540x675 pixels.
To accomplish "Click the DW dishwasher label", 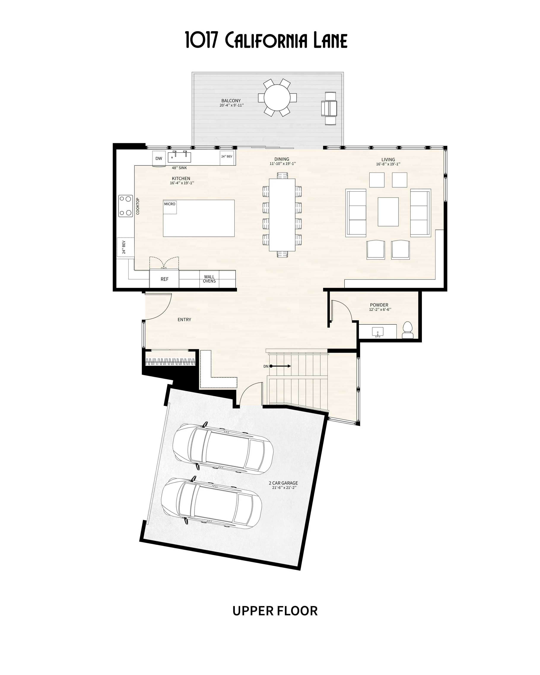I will pos(159,158).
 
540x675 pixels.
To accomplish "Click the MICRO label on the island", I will pos(170,204).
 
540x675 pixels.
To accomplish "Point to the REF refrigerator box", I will pos(164,279).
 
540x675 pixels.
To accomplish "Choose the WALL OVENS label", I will pos(209,279).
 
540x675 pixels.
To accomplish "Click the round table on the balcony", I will pos(277,98).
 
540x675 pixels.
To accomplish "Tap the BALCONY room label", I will pos(231,101).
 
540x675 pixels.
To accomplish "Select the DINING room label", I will pos(282,159).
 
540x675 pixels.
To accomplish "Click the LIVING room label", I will pos(388,159).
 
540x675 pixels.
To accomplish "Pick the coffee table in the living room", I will pos(388,212).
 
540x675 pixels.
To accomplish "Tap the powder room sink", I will pos(378,332).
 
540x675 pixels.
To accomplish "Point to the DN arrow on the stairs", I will pos(280,366).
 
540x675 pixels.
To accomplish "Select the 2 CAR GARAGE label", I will pos(283,483).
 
